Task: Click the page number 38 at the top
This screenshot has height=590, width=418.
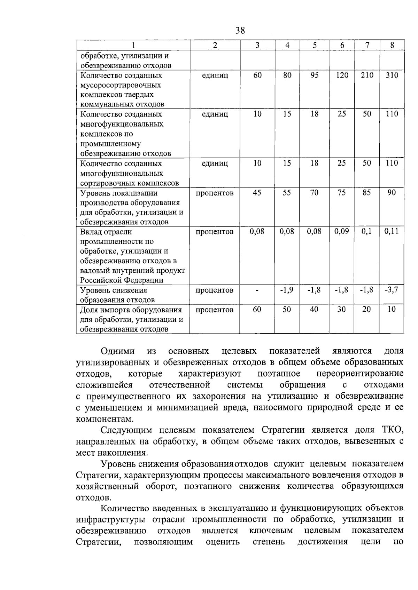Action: pyautogui.click(x=240, y=31)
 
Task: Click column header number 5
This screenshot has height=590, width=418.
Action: pyautogui.click(x=315, y=45)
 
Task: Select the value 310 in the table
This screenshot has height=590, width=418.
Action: pyautogui.click(x=392, y=75)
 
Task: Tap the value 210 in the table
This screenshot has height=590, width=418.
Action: pyautogui.click(x=367, y=75)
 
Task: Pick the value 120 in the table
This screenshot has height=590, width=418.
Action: pyautogui.click(x=342, y=75)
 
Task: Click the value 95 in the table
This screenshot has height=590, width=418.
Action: pyautogui.click(x=315, y=75)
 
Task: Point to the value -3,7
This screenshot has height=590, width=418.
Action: pyautogui.click(x=392, y=290)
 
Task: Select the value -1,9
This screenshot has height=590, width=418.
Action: pyautogui.click(x=287, y=290)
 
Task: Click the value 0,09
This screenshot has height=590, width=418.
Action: pyautogui.click(x=342, y=231)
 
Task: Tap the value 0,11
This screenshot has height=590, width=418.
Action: pyautogui.click(x=392, y=231)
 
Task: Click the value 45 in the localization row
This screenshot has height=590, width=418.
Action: pyautogui.click(x=257, y=193)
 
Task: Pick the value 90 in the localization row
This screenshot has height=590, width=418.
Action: pyautogui.click(x=392, y=193)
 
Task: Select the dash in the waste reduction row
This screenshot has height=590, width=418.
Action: pyautogui.click(x=257, y=290)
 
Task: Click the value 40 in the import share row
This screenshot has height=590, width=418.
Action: pyautogui.click(x=314, y=309)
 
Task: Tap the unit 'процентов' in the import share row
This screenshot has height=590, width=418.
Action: pyautogui.click(x=215, y=310)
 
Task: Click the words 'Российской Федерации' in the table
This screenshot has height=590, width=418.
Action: pyautogui.click(x=122, y=280)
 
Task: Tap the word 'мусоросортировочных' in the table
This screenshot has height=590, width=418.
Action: pyautogui.click(x=121, y=85)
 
